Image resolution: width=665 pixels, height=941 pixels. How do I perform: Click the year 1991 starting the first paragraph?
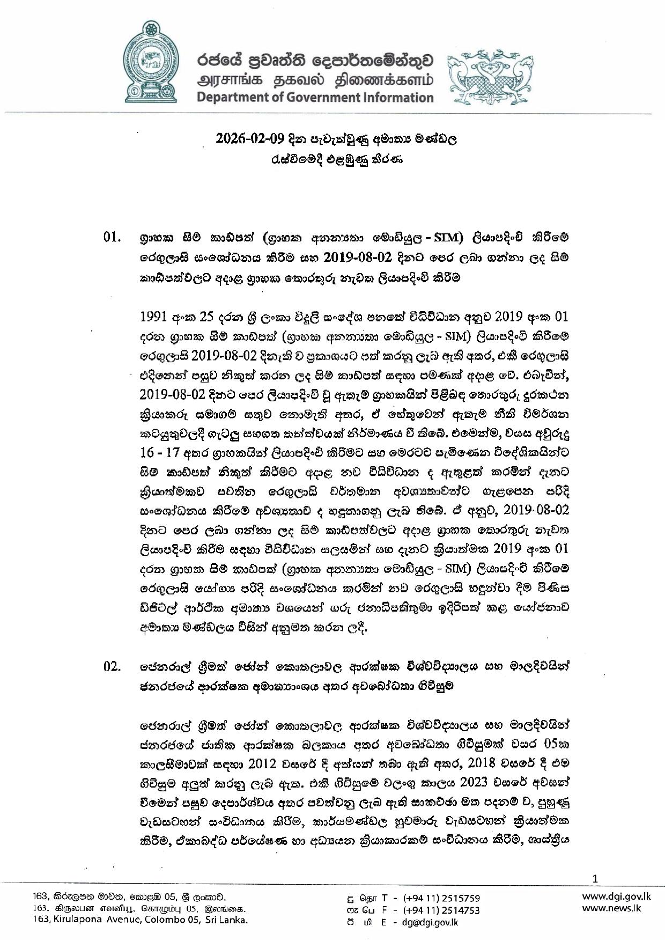(154, 317)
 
